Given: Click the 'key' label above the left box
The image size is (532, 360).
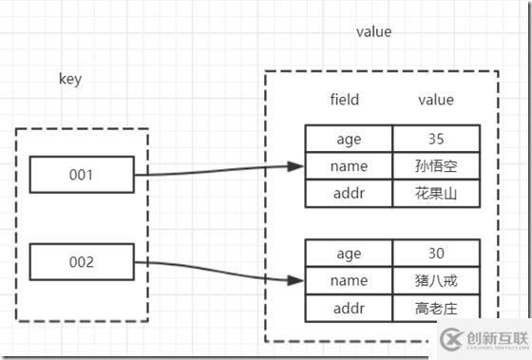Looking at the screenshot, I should click(70, 79).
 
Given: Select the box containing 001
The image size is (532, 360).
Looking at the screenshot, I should click(81, 175).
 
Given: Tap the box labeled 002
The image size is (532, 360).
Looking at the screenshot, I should click(81, 262).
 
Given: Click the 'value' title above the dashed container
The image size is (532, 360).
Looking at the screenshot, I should click(373, 31).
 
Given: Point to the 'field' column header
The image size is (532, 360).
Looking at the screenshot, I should click(344, 99).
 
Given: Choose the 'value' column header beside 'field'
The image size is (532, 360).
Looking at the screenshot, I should click(436, 99).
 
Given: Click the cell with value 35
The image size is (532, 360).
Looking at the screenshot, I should click(436, 140).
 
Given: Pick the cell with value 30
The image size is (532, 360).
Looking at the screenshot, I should click(436, 255).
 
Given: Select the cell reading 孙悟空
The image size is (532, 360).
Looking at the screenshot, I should click(436, 167).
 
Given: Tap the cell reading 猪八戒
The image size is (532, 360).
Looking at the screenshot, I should click(436, 281).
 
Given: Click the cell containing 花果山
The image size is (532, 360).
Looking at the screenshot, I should click(436, 194).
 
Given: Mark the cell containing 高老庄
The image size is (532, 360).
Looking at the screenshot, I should click(436, 308).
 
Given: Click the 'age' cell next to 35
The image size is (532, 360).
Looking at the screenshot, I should click(349, 140).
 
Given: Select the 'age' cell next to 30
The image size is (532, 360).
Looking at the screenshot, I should click(349, 255).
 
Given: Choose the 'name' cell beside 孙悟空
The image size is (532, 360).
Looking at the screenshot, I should click(349, 167).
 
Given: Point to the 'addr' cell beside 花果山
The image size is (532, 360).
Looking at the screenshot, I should click(349, 194).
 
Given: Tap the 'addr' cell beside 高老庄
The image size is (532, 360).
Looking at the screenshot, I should click(349, 308).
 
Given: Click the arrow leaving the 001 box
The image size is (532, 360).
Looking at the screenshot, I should click(218, 171).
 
